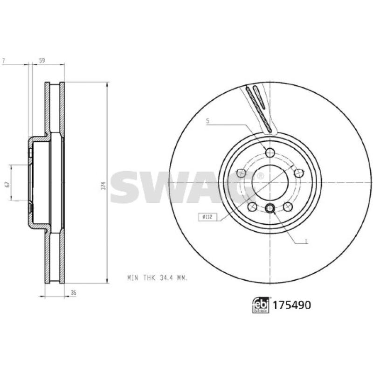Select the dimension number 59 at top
tap(41, 60)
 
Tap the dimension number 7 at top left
tap(4, 60)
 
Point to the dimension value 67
tap(7, 184)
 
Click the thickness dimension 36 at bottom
tap(73, 293)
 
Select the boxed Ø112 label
tap(206, 216)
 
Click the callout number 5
tap(208, 121)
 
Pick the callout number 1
tap(305, 242)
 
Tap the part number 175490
tap(291, 305)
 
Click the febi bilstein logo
tap(261, 305)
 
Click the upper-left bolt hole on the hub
tap(241, 173)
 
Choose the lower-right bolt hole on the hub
tap(288, 207)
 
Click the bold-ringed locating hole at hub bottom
tap(270, 208)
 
